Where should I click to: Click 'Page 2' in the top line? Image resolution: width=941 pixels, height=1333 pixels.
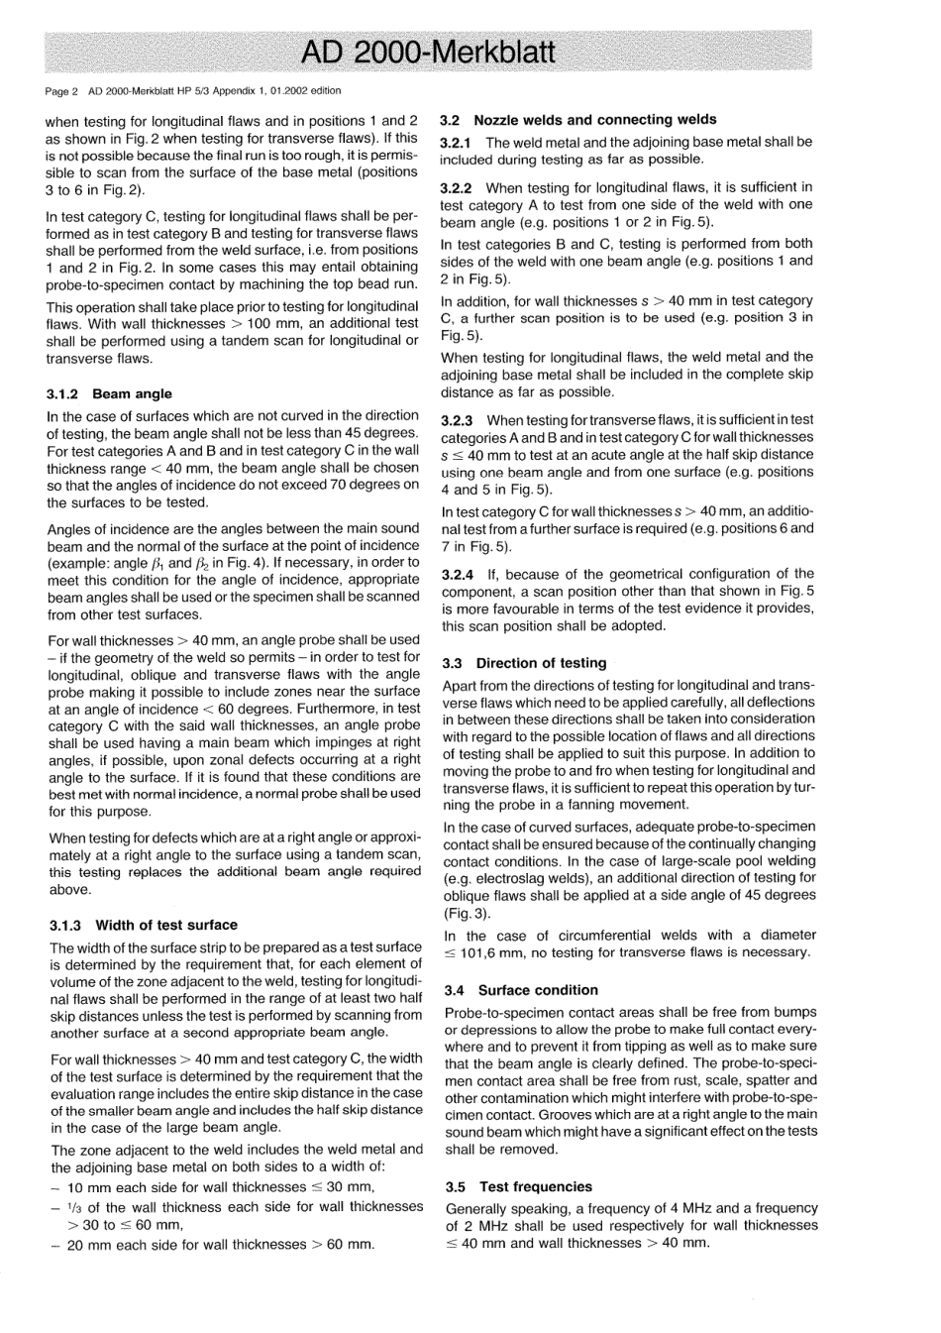point(61,91)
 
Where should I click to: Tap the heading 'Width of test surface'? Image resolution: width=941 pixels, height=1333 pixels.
point(166,925)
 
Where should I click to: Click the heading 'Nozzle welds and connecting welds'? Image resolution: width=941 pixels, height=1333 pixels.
point(595,119)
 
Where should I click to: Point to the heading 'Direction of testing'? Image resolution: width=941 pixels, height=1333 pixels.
point(541,663)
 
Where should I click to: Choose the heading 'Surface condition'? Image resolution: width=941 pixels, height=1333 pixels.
point(538,990)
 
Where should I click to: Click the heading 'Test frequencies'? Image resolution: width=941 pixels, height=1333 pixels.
point(536,1186)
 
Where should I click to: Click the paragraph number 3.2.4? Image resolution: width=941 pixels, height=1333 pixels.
point(458,574)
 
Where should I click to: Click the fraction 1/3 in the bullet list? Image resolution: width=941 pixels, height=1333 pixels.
point(74,1207)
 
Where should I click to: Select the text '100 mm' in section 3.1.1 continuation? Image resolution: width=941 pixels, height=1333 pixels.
point(292,324)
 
